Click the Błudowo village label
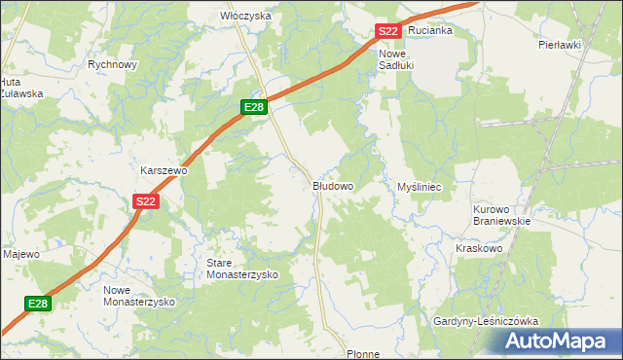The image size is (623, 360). (x=332, y=185)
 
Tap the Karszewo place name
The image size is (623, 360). (x=164, y=169)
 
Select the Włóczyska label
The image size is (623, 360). (x=245, y=17)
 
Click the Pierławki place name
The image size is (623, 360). (x=559, y=45)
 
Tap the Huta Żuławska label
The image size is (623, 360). (x=21, y=88)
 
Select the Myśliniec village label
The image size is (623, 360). (x=421, y=185)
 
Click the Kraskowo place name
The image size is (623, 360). (x=478, y=248)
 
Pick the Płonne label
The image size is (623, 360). (x=362, y=354)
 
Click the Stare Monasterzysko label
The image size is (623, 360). (x=241, y=270)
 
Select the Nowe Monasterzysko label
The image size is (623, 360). (x=138, y=296)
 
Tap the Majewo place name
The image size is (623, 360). (x=20, y=254)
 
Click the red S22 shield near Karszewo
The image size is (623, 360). (x=145, y=201)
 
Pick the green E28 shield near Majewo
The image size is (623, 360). (x=37, y=304)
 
